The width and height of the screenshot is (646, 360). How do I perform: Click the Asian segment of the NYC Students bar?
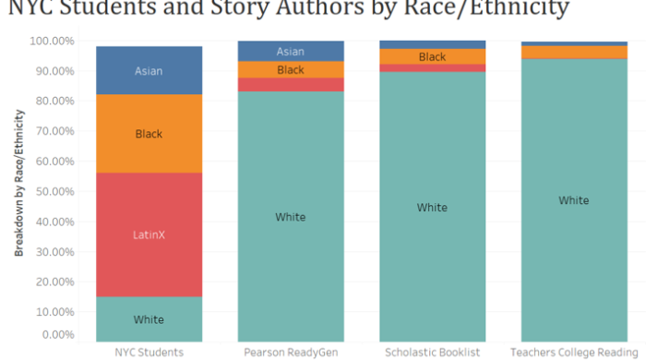coord(149,70)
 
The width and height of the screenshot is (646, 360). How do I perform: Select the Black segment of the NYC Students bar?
coord(149,134)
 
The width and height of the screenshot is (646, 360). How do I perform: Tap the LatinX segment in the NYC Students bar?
coord(149,234)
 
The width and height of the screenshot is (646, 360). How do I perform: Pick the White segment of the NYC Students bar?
coord(149,318)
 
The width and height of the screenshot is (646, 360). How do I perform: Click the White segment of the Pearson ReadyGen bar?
coord(291,217)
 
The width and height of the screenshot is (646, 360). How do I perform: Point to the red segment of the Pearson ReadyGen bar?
coord(291,84)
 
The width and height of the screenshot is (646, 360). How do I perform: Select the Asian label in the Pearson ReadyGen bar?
coord(291,52)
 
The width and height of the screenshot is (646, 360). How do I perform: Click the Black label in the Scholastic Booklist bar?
coord(432,57)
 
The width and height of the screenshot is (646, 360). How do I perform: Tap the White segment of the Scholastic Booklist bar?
coord(432,208)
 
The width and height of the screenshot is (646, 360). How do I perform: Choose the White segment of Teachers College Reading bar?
coord(574,200)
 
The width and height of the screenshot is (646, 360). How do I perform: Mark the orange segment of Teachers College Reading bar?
coord(574,52)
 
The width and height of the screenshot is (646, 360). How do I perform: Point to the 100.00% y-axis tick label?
coord(56,42)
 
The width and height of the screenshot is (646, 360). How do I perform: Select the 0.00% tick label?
coord(61,334)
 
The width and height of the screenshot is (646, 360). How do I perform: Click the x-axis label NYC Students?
coord(149,352)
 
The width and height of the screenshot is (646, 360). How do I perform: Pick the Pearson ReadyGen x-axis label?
coord(291,352)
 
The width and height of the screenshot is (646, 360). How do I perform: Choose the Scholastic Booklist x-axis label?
coord(432,352)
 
